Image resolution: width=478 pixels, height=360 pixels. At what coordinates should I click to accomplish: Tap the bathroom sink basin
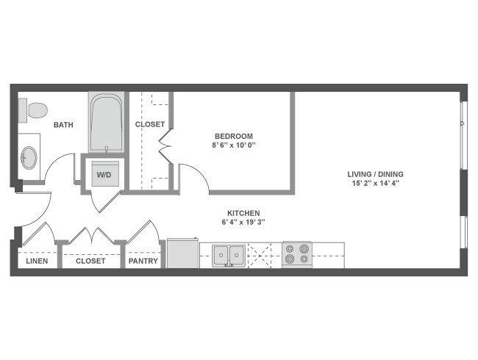pos(29,157)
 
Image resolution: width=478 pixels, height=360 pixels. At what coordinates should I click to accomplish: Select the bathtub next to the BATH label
pos(107,123)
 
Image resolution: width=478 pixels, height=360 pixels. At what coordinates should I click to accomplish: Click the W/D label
pos(104,175)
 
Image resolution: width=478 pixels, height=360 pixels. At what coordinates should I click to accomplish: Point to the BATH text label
pos(63,125)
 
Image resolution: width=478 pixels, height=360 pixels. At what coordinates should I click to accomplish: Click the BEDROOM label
pos(234,136)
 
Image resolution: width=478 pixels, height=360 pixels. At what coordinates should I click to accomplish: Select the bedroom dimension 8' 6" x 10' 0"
pos(234,145)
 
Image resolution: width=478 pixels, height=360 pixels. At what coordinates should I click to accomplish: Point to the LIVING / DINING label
pos(376,174)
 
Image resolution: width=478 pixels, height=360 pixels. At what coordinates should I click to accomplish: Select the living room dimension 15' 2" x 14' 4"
pos(376,184)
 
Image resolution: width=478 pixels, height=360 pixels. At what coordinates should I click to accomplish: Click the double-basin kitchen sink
pos(229,255)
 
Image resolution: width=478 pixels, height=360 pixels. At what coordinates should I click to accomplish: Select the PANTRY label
pos(143,261)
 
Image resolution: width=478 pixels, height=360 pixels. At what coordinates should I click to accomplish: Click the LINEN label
pos(37,261)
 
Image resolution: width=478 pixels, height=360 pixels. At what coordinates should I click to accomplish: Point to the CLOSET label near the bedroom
pos(150,124)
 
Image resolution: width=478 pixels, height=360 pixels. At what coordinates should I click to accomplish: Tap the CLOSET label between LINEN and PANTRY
pos(90,261)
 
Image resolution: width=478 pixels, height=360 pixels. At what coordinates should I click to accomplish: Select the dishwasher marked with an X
pos(260,255)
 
